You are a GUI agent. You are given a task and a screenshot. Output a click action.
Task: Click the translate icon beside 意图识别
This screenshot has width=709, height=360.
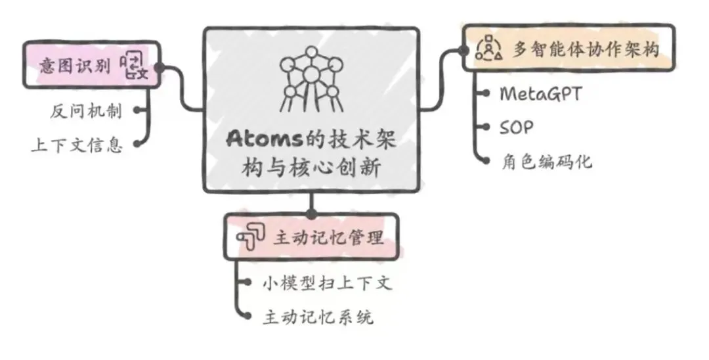135,66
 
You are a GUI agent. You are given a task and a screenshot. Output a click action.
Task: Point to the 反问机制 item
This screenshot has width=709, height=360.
86,111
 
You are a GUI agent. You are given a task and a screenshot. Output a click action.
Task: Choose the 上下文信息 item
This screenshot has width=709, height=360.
77,145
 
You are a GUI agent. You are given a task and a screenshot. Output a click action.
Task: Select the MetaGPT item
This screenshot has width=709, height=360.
540,93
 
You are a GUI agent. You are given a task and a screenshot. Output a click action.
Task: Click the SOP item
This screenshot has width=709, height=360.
517,127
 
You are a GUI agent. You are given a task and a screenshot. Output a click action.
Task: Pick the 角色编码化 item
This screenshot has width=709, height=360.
545,161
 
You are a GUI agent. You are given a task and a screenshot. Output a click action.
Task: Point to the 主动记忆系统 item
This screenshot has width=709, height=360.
318,317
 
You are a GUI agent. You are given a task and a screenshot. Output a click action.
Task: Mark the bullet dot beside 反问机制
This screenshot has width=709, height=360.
136,110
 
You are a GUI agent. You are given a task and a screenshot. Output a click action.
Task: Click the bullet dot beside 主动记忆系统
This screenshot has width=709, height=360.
247,317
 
